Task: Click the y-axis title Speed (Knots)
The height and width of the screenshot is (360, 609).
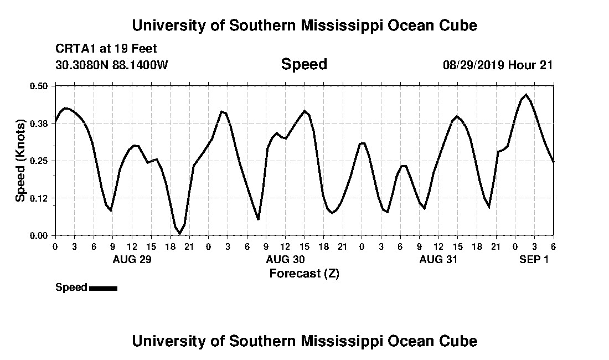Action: [20, 161]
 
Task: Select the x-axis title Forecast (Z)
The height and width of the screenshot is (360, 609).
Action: [304, 273]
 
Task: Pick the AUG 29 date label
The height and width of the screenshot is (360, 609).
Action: [132, 259]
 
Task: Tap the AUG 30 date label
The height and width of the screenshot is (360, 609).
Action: [285, 259]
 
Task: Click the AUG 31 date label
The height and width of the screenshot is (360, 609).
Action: [438, 259]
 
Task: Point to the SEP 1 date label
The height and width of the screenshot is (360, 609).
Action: [534, 259]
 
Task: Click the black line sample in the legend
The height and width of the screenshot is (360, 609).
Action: [103, 288]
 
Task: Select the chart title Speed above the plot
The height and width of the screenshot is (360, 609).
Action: [304, 64]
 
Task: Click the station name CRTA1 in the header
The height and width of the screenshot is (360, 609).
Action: [75, 49]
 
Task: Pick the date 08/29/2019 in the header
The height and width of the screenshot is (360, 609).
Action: [473, 65]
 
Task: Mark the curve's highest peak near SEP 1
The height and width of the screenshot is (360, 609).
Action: [525, 95]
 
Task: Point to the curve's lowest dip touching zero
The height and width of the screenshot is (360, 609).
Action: [179, 234]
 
